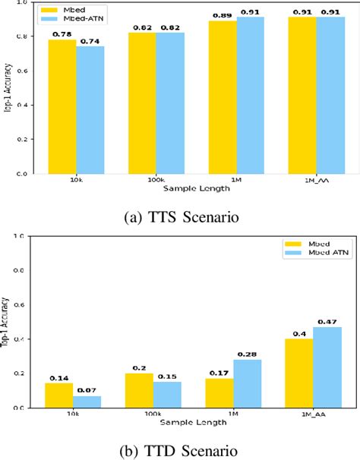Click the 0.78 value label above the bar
pos(62,33)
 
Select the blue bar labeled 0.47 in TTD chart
pos(328,367)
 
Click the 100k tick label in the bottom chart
pos(153,415)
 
